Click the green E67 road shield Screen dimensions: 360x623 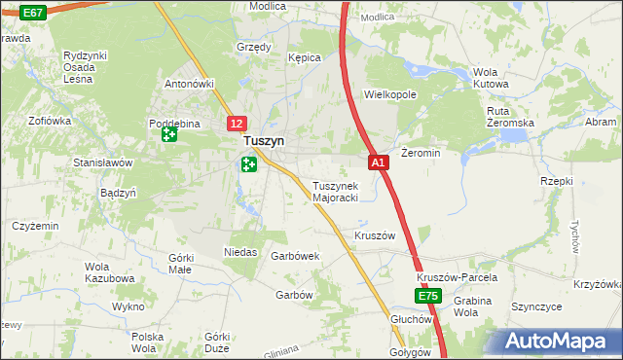pyautogui.click(x=32, y=13)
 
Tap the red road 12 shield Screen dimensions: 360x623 pyautogui.click(x=238, y=124)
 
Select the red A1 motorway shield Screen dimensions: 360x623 pyautogui.click(x=379, y=162)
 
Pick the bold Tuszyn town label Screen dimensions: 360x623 pyautogui.click(x=264, y=142)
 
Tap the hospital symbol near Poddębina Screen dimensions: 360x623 pyautogui.click(x=168, y=135)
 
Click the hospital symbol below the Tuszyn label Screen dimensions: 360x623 pyautogui.click(x=248, y=165)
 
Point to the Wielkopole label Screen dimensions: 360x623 pyautogui.click(x=389, y=95)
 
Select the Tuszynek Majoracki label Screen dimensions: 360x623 pyautogui.click(x=335, y=192)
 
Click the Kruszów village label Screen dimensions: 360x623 pyautogui.click(x=375, y=235)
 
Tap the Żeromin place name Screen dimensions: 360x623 pyautogui.click(x=421, y=153)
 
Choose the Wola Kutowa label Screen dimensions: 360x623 pyautogui.click(x=491, y=78)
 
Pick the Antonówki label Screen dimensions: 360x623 pyautogui.click(x=189, y=84)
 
